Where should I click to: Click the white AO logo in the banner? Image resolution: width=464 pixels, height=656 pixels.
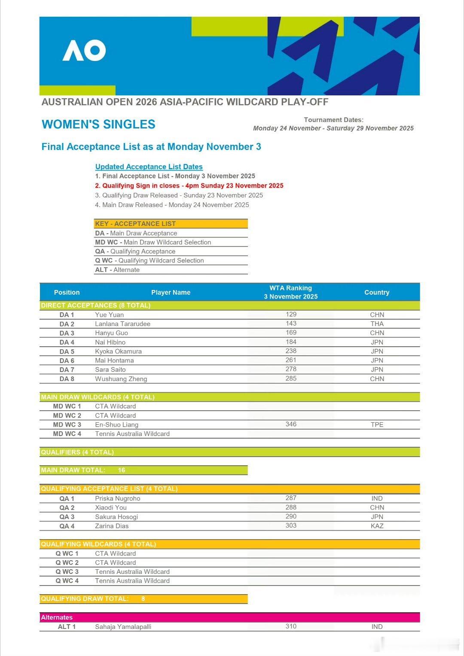(84, 51)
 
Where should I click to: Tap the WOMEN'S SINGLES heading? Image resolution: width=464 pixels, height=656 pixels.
(98, 125)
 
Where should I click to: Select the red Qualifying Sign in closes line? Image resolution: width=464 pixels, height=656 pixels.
(189, 186)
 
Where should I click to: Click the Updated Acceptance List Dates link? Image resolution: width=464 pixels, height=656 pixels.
(149, 167)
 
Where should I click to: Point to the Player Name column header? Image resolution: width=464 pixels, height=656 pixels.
(171, 292)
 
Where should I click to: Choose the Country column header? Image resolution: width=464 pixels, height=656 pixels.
(377, 292)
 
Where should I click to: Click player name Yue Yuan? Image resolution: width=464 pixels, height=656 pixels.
(109, 315)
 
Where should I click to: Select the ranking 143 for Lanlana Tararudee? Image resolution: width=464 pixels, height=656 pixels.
(291, 323)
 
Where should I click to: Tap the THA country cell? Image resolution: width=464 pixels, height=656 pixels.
(377, 324)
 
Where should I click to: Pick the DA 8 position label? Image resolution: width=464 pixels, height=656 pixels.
(67, 379)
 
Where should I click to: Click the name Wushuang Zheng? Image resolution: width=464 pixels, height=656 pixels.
(121, 379)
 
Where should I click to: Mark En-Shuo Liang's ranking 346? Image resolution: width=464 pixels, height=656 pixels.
(291, 424)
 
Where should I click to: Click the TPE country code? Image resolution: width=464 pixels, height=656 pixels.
(377, 424)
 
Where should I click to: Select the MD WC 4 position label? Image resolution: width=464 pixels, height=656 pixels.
(67, 434)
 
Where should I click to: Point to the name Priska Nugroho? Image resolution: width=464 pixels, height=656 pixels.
(117, 498)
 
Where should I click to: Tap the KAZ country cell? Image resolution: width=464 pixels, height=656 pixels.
(377, 526)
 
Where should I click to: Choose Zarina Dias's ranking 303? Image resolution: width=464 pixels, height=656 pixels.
(291, 525)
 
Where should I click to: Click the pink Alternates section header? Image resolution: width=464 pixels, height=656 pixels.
(57, 617)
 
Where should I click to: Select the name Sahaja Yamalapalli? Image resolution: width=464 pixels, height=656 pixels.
(123, 627)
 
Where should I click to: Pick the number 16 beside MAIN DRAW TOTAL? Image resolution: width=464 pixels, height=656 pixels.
(122, 470)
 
